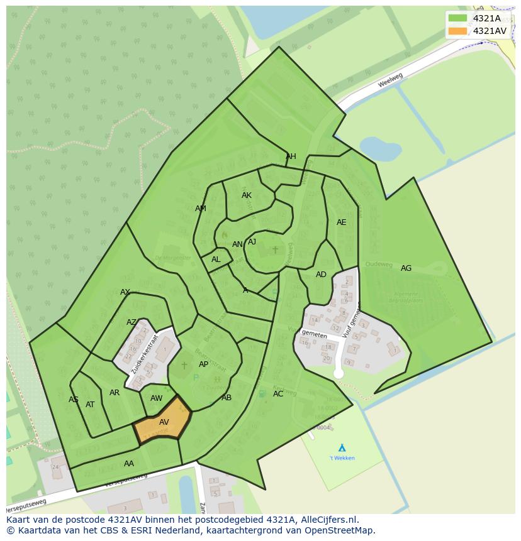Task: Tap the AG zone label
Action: coord(406,268)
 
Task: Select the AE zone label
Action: coord(341,222)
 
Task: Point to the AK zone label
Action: coord(247,195)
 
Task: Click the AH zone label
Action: coord(291,156)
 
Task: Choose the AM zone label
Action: coord(201,209)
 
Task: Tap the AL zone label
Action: coord(216,260)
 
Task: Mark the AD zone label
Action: coord(321,275)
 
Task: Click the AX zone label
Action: coord(125,292)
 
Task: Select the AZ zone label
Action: coord(132,322)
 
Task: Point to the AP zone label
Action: coord(203,364)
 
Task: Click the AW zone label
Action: coord(156,398)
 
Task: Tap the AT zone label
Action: coord(90,405)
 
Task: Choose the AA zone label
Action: coord(129,464)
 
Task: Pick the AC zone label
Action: coord(278,394)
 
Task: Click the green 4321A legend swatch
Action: coord(457,18)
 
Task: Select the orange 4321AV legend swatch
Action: coord(457,31)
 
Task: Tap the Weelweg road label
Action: coord(390,80)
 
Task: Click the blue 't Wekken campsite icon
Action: coord(342,447)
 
